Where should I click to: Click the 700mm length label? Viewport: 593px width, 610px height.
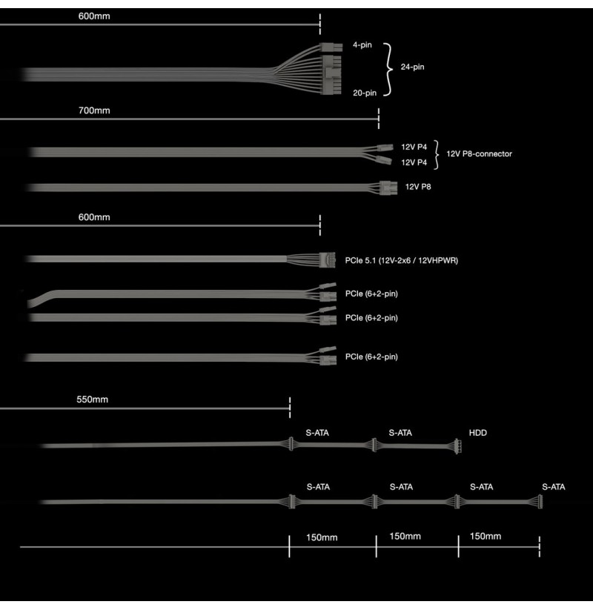click(94, 110)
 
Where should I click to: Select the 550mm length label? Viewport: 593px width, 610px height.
click(92, 400)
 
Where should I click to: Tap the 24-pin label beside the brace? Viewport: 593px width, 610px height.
click(412, 67)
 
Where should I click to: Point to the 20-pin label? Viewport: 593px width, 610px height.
click(365, 93)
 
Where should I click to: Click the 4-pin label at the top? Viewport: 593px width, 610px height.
click(362, 45)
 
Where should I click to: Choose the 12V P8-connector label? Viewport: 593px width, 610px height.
click(479, 154)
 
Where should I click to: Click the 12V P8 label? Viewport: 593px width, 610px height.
click(418, 187)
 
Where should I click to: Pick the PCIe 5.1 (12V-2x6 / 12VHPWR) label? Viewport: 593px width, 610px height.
click(402, 261)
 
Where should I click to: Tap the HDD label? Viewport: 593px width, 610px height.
click(478, 433)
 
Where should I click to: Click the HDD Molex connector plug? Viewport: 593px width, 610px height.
click(457, 446)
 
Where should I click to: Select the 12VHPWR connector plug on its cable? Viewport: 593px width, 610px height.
click(327, 260)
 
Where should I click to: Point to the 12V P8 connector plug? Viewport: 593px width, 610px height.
click(388, 188)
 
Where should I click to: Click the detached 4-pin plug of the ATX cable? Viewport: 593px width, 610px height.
click(331, 47)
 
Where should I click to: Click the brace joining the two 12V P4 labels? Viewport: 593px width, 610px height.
click(437, 155)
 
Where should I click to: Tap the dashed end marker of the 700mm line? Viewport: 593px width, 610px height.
click(379, 119)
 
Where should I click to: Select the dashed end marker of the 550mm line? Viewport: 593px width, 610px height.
click(290, 408)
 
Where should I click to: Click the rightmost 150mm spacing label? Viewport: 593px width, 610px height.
click(486, 537)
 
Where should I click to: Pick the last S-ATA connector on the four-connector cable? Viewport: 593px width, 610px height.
click(539, 502)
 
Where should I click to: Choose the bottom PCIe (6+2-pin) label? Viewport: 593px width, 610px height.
click(371, 357)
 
